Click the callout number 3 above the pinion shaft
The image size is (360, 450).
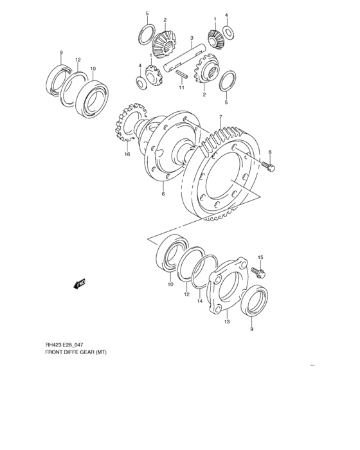(192, 37)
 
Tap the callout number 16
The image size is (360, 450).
(127, 154)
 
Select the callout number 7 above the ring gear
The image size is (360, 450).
(220, 117)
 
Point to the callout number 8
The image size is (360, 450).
(269, 152)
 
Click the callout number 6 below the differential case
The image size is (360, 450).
(163, 194)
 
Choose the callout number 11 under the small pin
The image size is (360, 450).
(181, 87)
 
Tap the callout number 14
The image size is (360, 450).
(200, 301)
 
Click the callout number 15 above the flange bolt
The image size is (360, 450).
(260, 258)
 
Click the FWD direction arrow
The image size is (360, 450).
(80, 283)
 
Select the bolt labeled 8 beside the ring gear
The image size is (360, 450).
(269, 167)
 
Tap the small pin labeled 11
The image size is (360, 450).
(181, 73)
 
